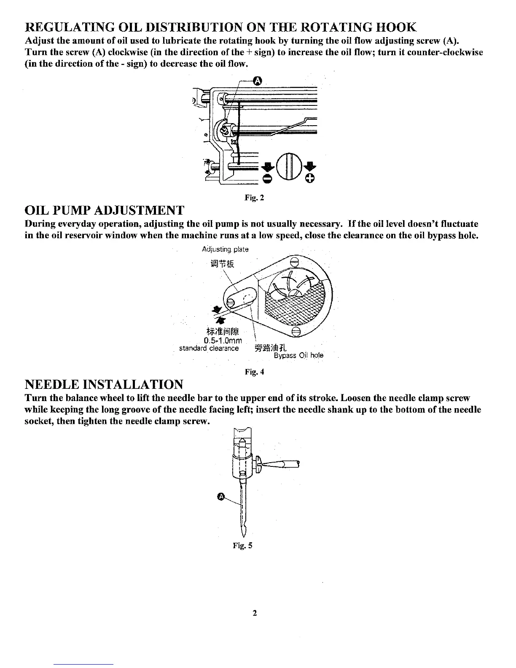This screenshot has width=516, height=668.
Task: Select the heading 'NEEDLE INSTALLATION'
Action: pyautogui.click(x=104, y=385)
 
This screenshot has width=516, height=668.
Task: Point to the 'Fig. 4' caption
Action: pyautogui.click(x=254, y=372)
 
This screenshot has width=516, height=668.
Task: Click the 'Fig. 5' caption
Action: pyautogui.click(x=242, y=545)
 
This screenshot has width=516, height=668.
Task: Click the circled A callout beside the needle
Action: pyautogui.click(x=221, y=497)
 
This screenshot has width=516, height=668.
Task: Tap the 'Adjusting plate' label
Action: pyautogui.click(x=225, y=249)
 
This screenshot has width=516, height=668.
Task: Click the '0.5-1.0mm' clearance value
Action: pyautogui.click(x=222, y=341)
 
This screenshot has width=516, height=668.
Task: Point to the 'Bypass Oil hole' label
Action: pyautogui.click(x=298, y=356)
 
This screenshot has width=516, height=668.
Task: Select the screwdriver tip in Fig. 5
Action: pyautogui.click(x=266, y=464)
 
